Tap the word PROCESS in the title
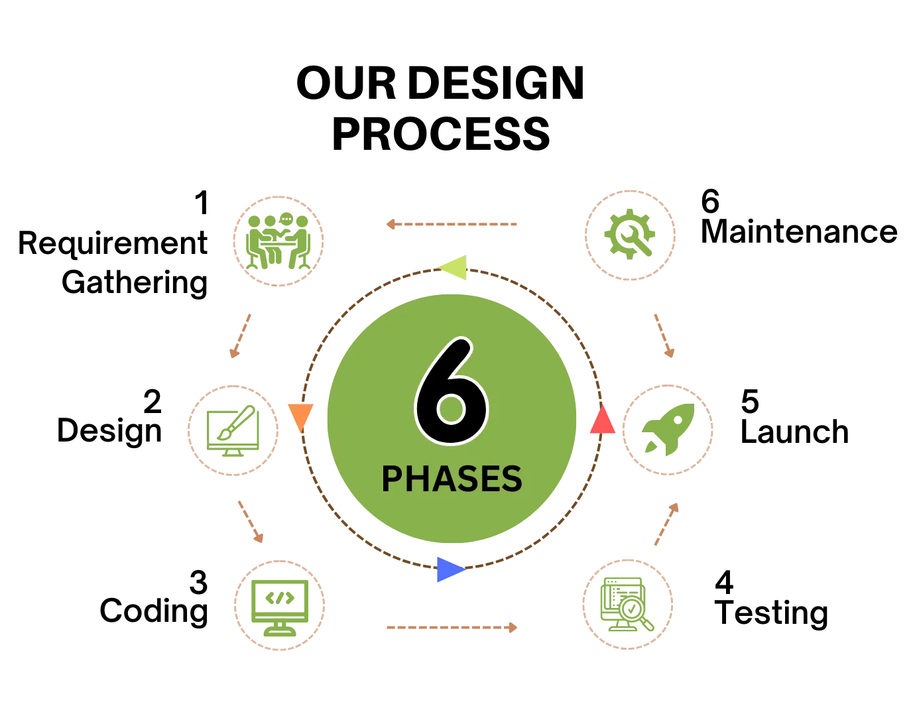(441, 134)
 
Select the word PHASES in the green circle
(452, 479)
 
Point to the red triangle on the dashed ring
(603, 419)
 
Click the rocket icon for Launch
(668, 430)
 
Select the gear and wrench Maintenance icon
(630, 234)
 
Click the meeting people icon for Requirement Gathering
(278, 241)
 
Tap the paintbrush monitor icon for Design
(233, 431)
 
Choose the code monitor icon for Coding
(280, 607)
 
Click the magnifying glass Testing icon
(627, 604)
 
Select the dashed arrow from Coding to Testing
(452, 627)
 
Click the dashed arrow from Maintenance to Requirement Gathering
(452, 224)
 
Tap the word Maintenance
(799, 231)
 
